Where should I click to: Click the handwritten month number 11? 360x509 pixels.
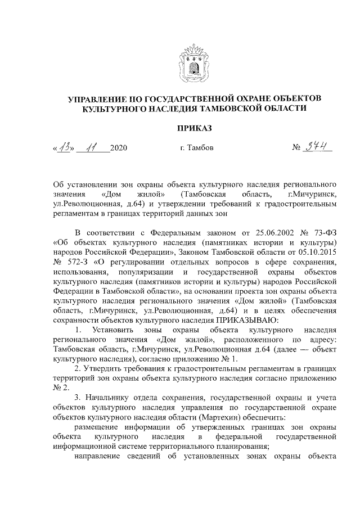pyautogui.click(x=89, y=148)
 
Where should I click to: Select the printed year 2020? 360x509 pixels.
pyautogui.click(x=119, y=149)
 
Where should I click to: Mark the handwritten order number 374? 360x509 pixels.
pyautogui.click(x=319, y=148)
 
